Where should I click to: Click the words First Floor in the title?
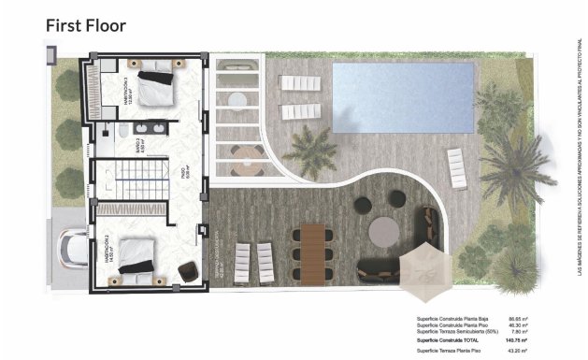click(x=86, y=25)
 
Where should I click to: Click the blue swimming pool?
click(x=383, y=96)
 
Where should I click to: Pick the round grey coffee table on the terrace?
click(x=382, y=229)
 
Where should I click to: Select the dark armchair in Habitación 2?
click(x=188, y=270)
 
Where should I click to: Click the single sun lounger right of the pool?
click(x=456, y=167)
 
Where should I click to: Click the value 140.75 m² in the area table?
click(x=514, y=341)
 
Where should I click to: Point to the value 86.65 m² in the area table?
click(x=515, y=319)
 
